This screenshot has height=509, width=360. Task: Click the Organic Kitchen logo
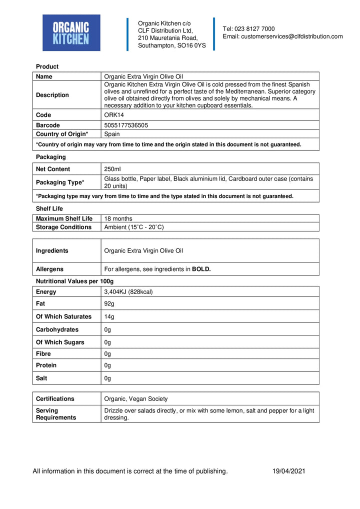71,33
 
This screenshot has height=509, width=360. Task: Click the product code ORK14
113,115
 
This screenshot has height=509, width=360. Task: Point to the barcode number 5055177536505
125,125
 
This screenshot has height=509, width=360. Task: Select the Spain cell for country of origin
112,134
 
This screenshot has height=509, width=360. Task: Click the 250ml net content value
112,169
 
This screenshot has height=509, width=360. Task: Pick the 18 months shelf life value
118,218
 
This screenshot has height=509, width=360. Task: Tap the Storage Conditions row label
63,227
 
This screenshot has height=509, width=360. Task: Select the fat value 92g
109,303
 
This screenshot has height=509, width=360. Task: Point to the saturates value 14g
109,316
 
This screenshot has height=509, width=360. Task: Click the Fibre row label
43,353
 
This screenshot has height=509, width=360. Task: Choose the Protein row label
46,365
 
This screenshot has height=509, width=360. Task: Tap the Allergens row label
50,269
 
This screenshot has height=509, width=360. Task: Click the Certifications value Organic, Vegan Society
135,398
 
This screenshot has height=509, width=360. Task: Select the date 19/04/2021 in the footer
288,471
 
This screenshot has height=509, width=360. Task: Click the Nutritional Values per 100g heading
74,281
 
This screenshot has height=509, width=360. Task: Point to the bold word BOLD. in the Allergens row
201,269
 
